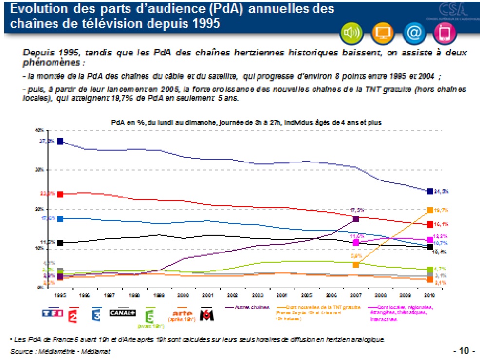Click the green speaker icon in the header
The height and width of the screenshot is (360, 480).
point(351,33)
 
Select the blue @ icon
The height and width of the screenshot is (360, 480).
point(413,33)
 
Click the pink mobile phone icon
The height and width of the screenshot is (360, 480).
point(444,33)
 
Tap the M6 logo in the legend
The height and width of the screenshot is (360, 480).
point(208,315)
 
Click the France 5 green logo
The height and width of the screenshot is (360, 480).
point(150,316)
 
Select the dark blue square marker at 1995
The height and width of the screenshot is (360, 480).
point(60,141)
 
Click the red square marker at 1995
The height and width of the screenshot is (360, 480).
point(60,194)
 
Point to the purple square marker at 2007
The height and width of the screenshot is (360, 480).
point(355,219)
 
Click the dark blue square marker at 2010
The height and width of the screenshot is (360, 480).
point(430,191)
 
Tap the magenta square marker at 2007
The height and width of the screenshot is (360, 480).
point(356,242)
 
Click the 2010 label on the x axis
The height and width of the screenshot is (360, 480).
point(430,295)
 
